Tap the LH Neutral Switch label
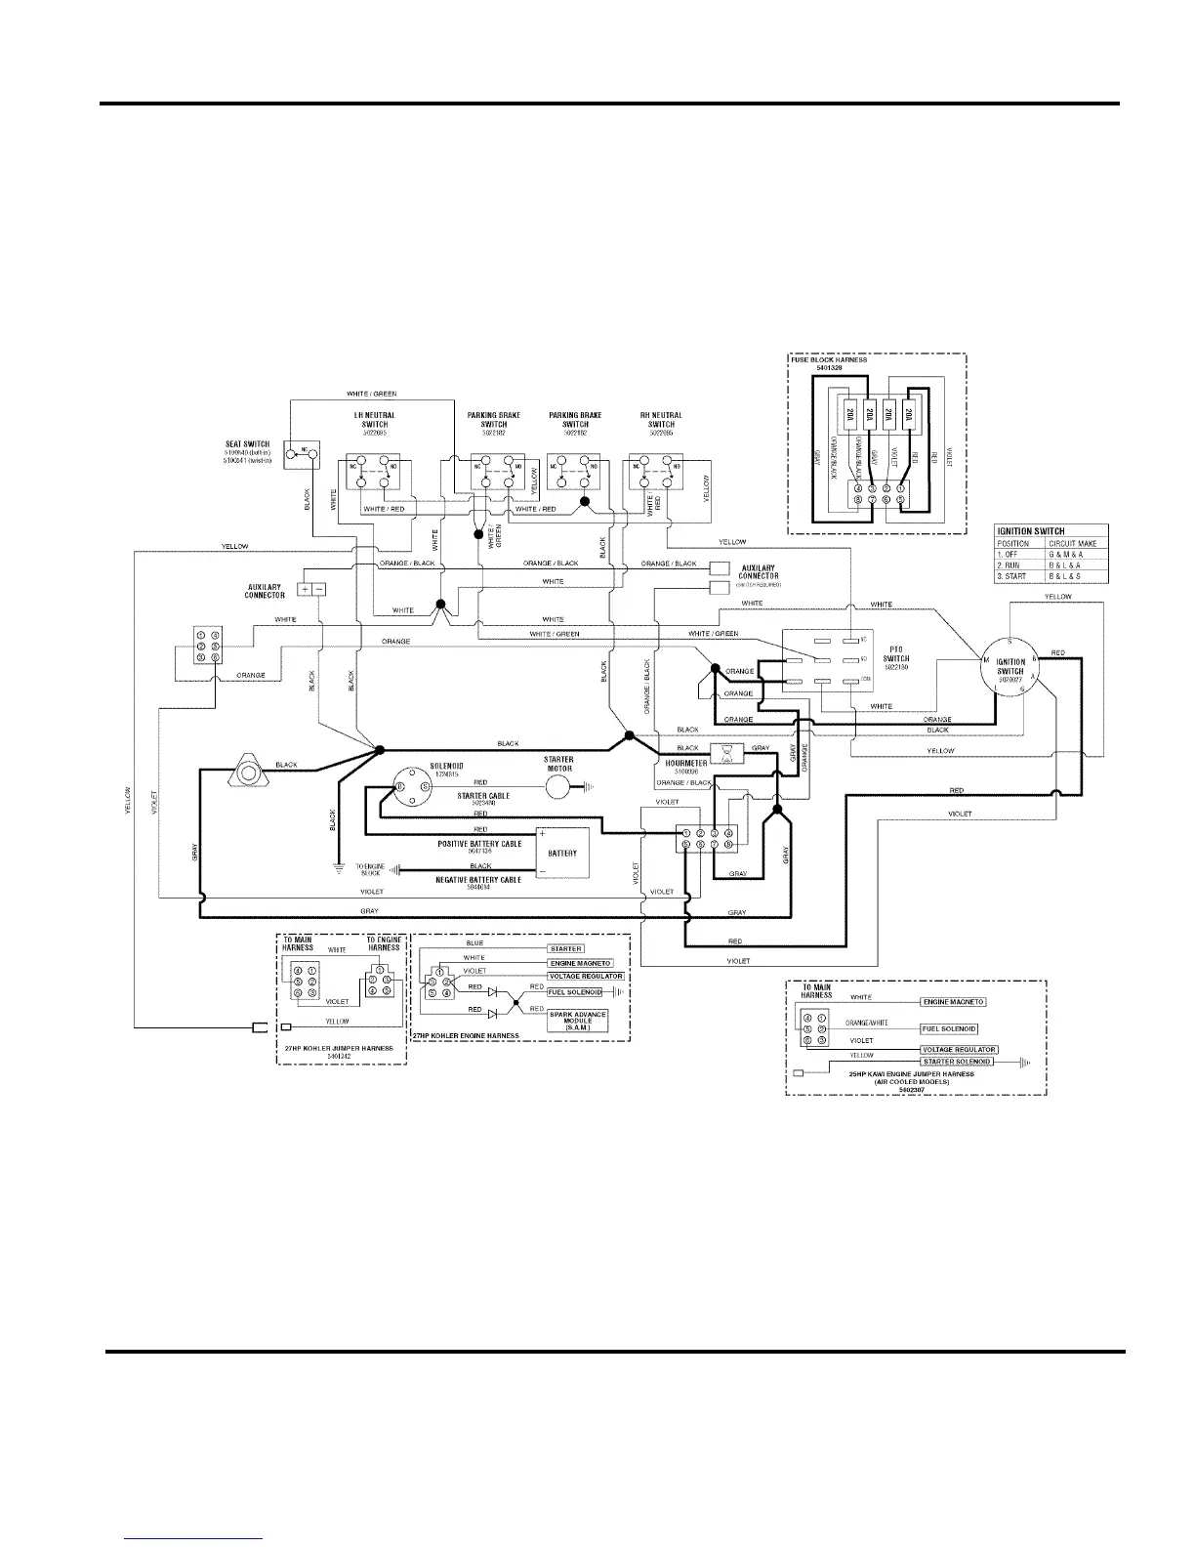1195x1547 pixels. (x=374, y=420)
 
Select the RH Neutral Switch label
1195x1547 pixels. (x=661, y=420)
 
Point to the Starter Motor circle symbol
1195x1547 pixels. (x=559, y=786)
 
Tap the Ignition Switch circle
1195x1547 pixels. (x=1010, y=670)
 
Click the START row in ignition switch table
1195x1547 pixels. (x=1051, y=576)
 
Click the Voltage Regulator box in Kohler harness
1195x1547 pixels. (x=586, y=976)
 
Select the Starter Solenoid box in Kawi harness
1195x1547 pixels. (x=958, y=1061)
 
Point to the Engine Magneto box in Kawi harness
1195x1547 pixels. (x=953, y=1002)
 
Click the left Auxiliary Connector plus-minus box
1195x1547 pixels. (x=311, y=589)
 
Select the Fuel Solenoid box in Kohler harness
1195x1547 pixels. (x=574, y=992)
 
